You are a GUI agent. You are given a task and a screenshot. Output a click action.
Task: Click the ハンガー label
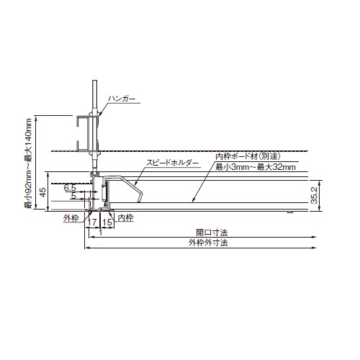tap(122, 99)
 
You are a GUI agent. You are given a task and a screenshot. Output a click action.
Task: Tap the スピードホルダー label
tap(173, 163)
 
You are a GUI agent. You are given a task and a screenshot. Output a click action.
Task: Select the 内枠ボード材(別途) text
tap(248, 156)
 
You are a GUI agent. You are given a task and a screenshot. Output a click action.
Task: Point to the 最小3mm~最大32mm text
tap(256, 167)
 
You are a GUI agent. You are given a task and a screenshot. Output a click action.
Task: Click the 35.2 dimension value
tap(315, 195)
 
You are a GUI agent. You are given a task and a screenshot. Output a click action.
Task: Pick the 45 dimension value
tap(42, 192)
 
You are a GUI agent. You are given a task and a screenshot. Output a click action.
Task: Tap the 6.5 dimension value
tap(70, 188)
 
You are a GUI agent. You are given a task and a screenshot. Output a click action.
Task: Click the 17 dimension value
tap(92, 222)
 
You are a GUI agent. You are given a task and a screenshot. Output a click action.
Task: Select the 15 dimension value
tap(107, 222)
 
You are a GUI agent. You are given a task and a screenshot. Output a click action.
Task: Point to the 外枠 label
tap(71, 218)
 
